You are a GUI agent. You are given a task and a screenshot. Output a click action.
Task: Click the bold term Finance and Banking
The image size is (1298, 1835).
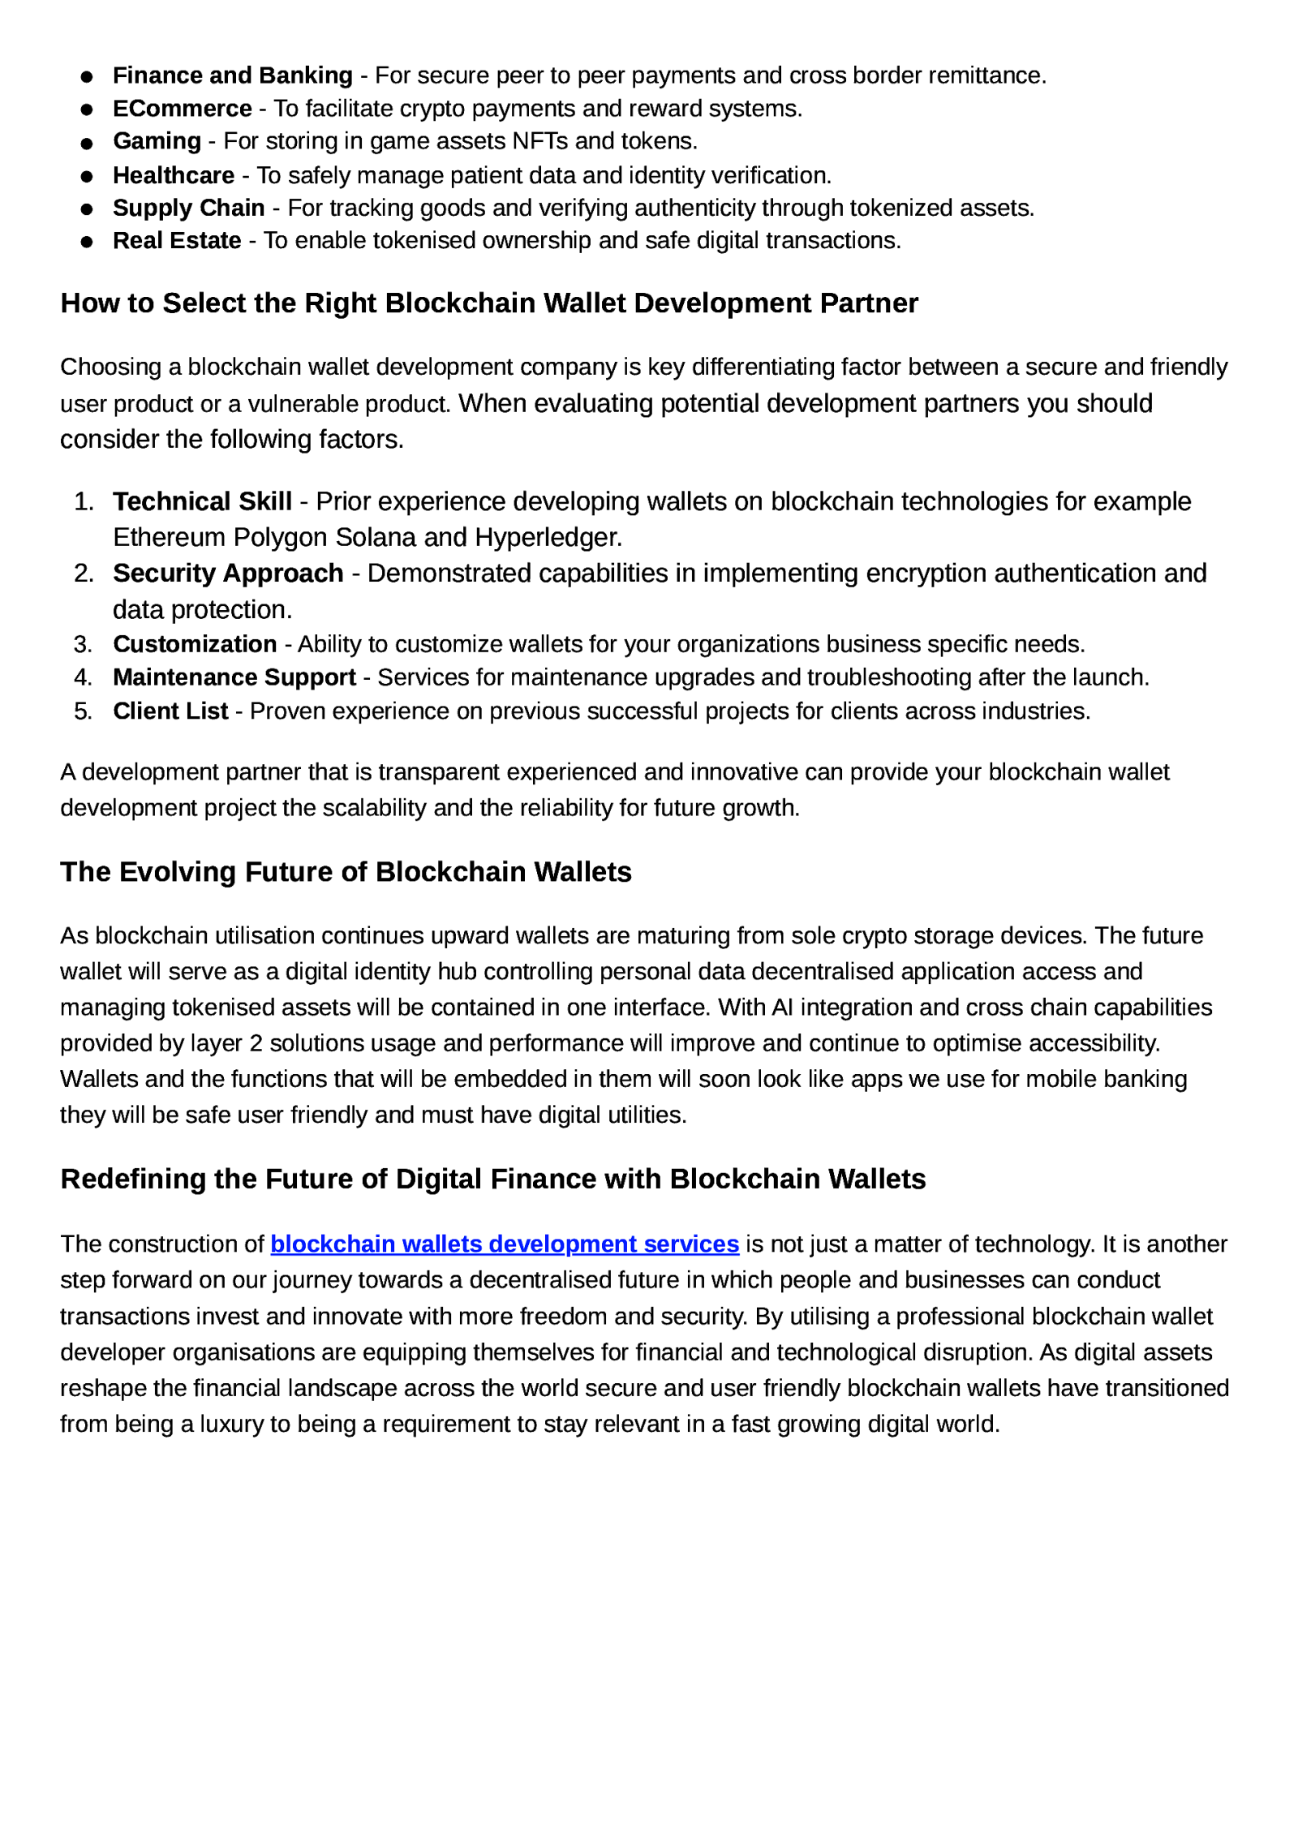point(232,75)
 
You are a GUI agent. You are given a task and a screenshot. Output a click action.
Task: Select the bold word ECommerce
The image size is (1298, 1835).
point(182,109)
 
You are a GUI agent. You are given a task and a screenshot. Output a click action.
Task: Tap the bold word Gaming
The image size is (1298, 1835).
point(157,141)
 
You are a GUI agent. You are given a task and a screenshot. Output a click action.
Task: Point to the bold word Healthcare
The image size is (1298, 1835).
point(173,175)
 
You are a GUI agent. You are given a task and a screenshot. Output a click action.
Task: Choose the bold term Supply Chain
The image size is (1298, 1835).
point(188,208)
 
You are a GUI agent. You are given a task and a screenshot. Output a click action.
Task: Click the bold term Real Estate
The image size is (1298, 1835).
point(177,241)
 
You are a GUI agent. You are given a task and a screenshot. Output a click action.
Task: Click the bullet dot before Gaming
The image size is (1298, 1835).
point(87,144)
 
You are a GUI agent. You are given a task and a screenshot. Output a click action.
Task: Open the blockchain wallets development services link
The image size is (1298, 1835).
point(504,1244)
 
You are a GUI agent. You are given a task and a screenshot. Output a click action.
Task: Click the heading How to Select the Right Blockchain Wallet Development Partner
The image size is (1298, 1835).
point(488,303)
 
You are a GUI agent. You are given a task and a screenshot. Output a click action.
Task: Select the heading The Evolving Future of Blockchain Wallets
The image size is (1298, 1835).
point(346,872)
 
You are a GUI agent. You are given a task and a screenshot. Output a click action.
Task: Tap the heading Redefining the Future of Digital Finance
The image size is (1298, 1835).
point(492,1179)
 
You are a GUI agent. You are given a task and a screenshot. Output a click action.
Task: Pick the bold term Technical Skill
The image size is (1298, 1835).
point(202,501)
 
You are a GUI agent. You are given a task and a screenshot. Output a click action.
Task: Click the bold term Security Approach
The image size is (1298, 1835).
point(228,574)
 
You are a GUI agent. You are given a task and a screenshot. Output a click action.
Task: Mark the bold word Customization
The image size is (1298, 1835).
point(195,644)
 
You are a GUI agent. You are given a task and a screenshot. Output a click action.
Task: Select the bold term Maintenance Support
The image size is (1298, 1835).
point(234,677)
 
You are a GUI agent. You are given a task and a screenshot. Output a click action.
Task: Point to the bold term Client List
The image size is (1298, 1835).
point(170,711)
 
